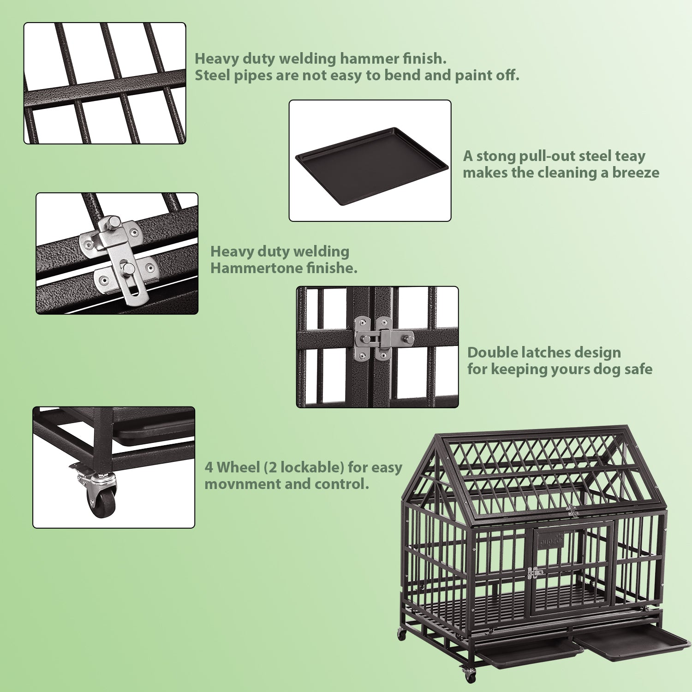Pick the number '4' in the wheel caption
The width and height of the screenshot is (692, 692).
click(209, 467)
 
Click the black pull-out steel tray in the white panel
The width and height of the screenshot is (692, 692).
click(371, 166)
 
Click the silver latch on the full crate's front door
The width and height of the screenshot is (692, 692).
click(535, 573)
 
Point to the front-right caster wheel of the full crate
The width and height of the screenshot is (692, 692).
click(470, 675)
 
